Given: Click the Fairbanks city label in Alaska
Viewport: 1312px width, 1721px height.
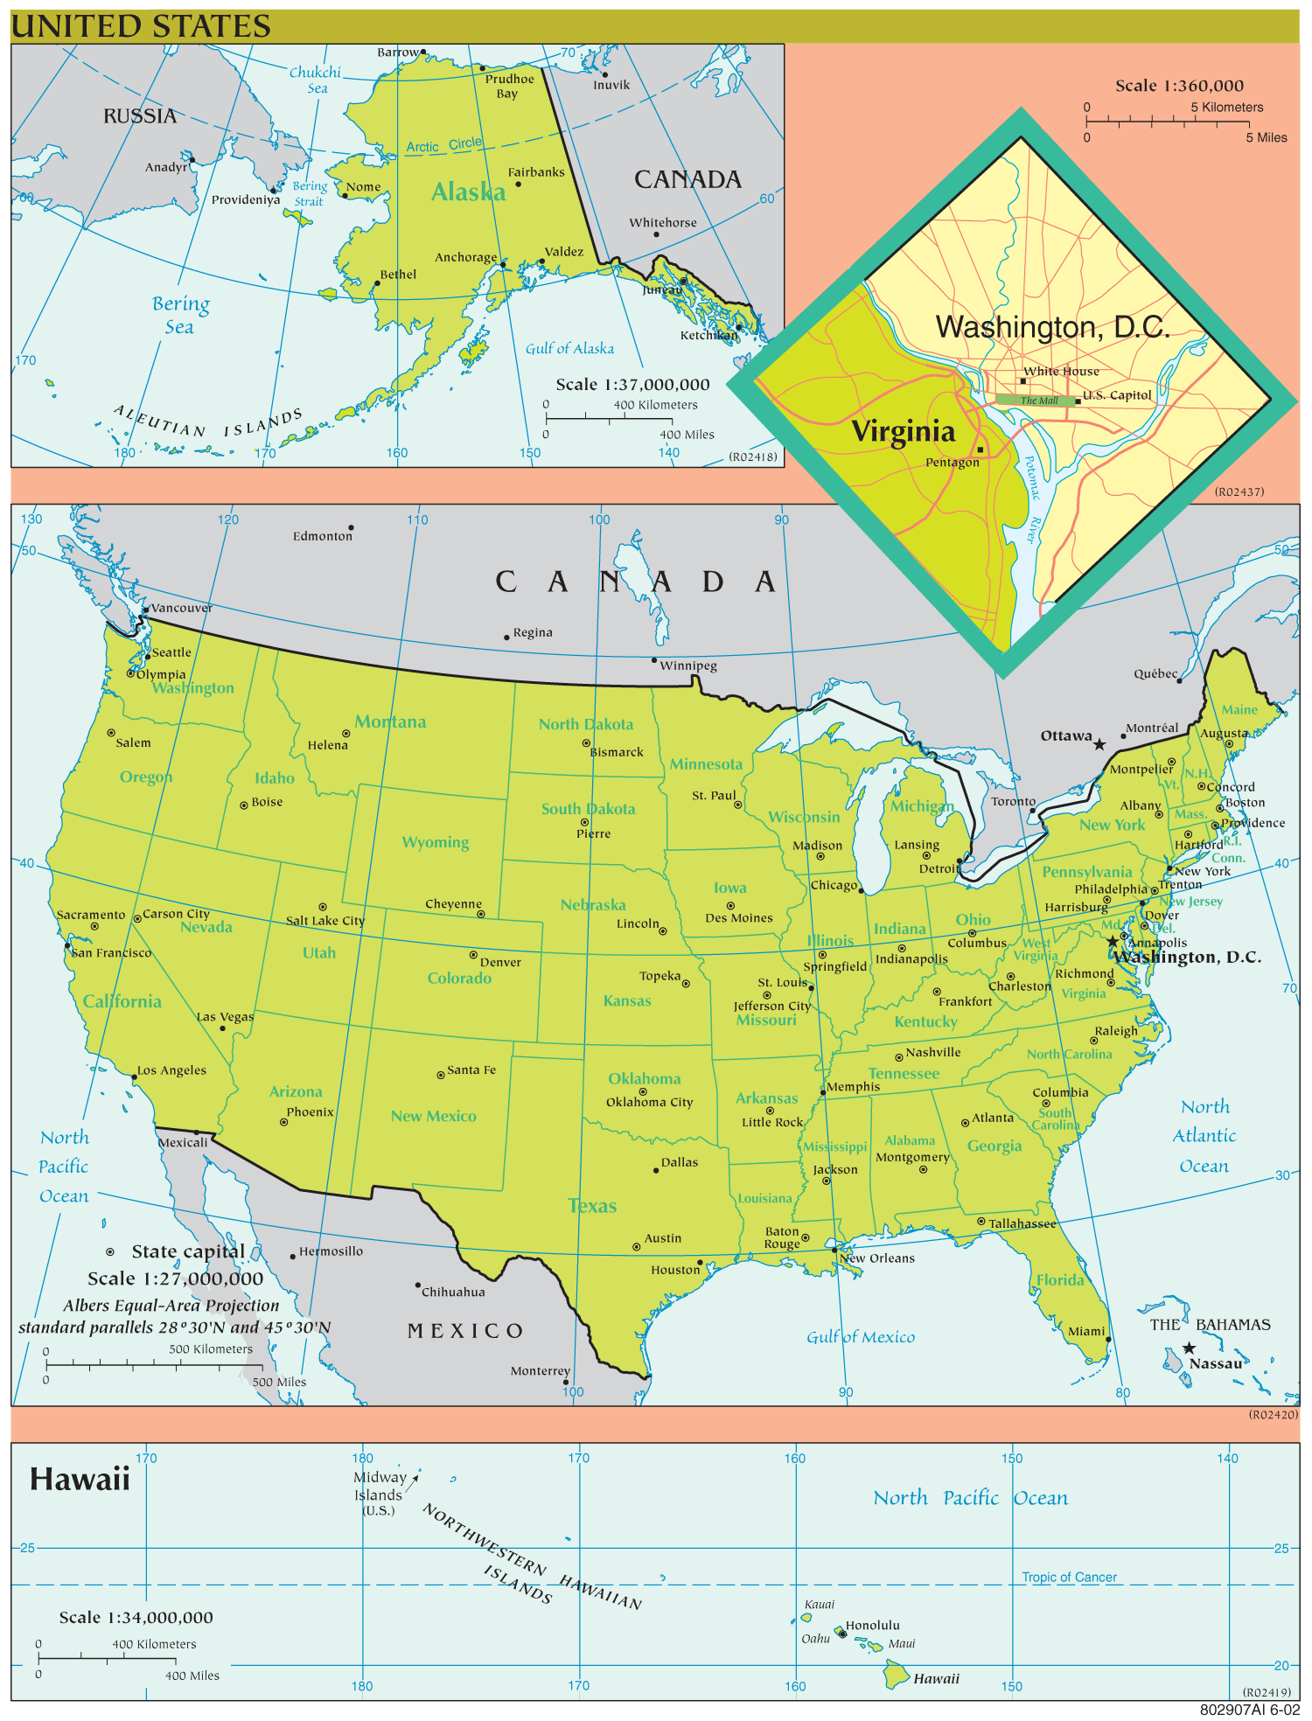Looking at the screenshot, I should pos(536,172).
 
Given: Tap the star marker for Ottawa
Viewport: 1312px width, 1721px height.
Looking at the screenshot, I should pos(1099,744).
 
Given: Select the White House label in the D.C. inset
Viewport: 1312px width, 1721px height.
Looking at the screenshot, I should pos(1061,371).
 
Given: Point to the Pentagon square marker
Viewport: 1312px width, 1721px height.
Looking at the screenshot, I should pos(981,449).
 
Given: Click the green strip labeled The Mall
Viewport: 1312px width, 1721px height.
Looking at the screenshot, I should pos(1037,401).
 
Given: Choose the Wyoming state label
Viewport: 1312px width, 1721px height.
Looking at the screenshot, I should pos(435,842).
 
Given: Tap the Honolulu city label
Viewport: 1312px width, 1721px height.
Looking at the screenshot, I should pos(872,1625).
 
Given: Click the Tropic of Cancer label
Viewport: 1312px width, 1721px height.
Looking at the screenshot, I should pos(1069,1577).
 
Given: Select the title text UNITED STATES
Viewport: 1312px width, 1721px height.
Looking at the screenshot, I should pos(141,26).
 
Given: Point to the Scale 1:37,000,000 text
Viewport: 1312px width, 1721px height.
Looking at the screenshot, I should pos(632,385).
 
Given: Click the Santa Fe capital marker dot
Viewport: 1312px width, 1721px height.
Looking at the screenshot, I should pos(441,1074).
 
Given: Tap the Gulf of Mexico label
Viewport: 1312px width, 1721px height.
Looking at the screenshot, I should pos(860,1336).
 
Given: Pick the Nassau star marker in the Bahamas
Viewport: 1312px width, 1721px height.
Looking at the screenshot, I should pos(1189,1348).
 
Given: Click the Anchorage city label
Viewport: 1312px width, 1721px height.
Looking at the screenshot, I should pos(465,257).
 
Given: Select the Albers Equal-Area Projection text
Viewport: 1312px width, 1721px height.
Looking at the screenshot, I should pos(171,1305).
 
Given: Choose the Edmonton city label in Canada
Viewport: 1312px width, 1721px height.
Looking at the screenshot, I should pos(322,536).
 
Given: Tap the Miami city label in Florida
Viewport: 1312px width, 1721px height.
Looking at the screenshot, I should pos(1085,1331).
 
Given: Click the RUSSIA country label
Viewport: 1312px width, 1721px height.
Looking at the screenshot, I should pos(140,116).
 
